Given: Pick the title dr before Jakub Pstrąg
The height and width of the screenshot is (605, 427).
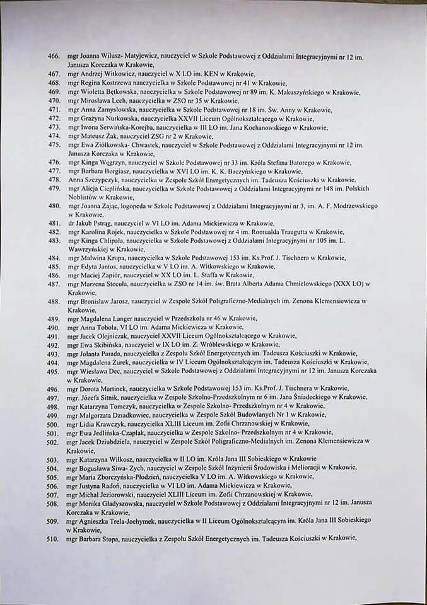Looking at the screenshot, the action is point(69,223).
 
